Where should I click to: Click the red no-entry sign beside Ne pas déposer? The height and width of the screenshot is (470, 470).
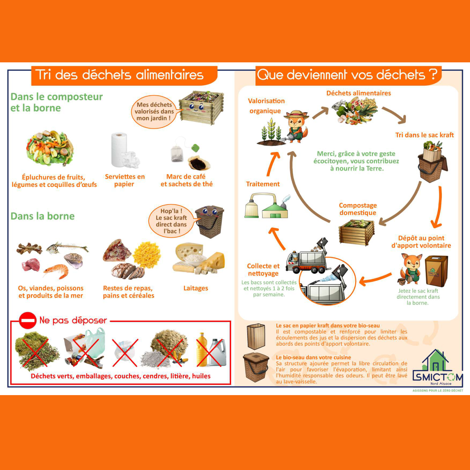tap(28, 320)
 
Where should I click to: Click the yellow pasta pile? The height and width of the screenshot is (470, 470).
tap(147, 254)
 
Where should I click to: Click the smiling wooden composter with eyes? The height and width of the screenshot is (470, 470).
tap(201, 107)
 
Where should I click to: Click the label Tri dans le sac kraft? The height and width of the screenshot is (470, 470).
tap(425, 135)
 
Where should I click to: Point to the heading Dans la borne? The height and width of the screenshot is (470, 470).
tap(43, 216)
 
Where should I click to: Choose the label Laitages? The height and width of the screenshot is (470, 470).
tap(196, 288)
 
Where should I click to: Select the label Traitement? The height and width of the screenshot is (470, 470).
tap(263, 184)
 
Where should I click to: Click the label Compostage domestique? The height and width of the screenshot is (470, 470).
tap(358, 209)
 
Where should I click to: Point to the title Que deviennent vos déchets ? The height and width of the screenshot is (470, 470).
tap(347, 75)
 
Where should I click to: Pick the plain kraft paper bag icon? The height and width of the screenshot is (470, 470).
tap(256, 337)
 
